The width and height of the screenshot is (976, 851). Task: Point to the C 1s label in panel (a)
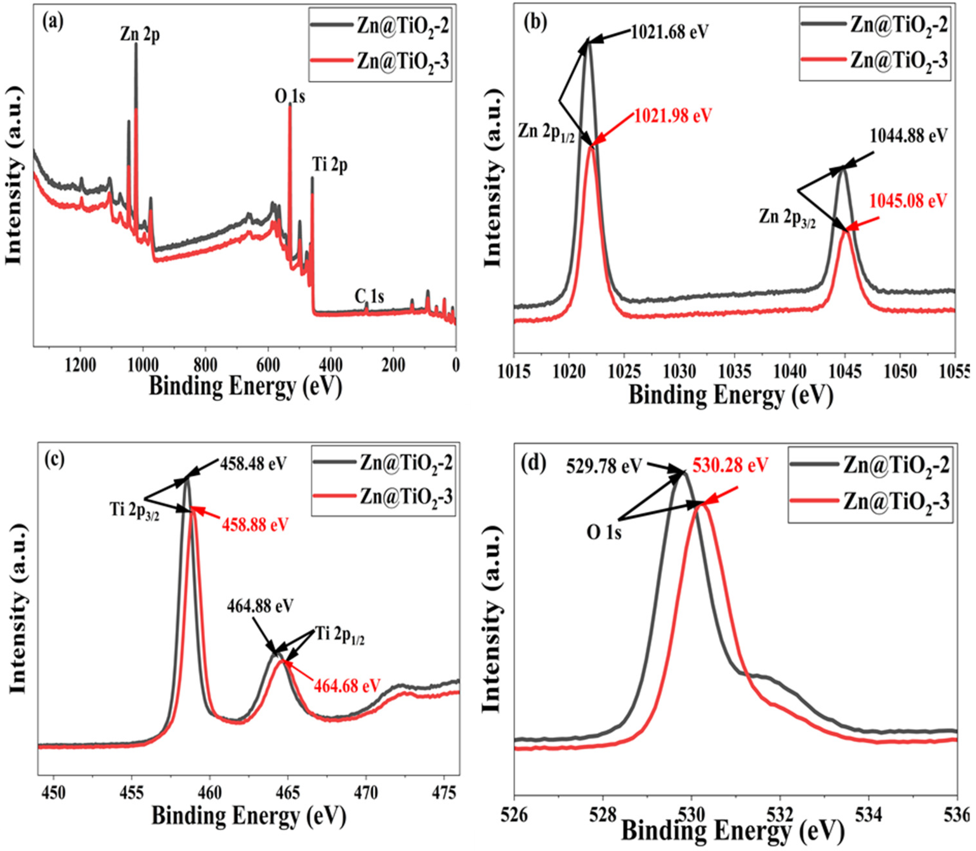point(369,297)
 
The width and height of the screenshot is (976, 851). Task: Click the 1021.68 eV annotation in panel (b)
point(669,32)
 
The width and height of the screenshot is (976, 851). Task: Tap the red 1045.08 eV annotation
point(908,200)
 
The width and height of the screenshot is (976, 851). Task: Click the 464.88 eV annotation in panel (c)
point(260,606)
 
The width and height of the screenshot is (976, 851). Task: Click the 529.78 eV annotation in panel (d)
point(603,466)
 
